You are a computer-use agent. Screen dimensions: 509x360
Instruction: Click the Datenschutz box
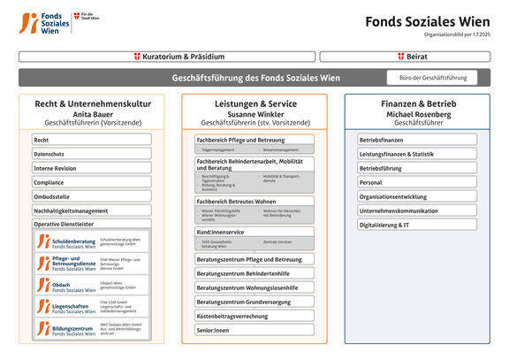pos(92,154)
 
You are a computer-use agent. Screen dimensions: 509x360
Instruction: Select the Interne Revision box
pos(92,168)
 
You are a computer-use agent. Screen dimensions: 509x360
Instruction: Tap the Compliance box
pos(92,182)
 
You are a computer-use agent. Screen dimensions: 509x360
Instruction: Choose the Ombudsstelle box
pos(92,196)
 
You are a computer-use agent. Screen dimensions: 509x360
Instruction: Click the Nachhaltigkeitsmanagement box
pos(92,211)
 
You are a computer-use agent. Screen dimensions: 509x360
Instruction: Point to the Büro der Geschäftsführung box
pos(432,78)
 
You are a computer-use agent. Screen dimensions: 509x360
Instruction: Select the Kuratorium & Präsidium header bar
pos(166,57)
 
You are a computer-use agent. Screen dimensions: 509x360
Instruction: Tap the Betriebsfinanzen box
pos(417,140)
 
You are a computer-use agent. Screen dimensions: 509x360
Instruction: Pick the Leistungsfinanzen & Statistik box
pos(417,154)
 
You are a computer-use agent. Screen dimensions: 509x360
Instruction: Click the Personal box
pos(417,182)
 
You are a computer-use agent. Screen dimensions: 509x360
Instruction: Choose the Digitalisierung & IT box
pos(417,225)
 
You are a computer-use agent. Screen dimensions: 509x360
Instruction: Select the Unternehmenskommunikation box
pos(417,211)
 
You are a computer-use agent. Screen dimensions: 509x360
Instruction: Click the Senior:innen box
pos(254,330)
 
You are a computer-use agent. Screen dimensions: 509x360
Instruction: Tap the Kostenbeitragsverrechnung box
pos(254,316)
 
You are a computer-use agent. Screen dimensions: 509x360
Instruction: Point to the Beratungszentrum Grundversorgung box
pos(254,302)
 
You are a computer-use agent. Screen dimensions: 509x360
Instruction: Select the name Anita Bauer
pos(93,114)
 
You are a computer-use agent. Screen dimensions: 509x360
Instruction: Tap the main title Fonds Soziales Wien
pos(427,21)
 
